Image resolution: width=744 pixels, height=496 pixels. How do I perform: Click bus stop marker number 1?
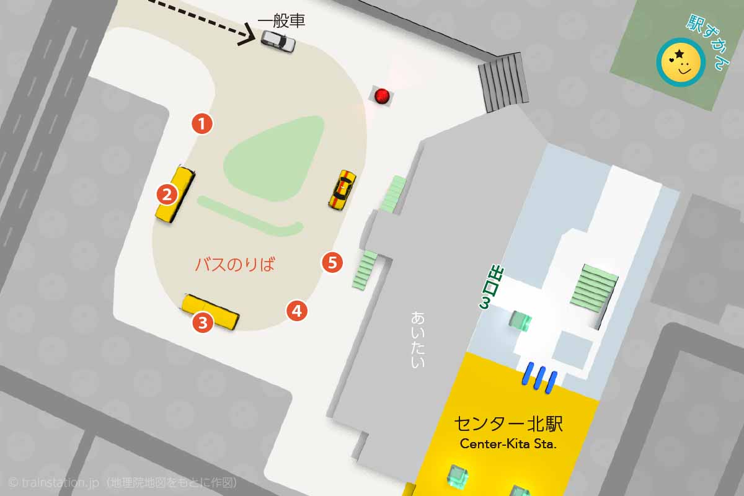pyautogui.click(x=202, y=123)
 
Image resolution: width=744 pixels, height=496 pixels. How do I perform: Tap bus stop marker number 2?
pyautogui.click(x=167, y=195)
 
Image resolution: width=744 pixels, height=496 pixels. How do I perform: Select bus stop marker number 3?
pyautogui.click(x=203, y=322)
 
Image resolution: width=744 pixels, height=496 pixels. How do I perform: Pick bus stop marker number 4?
pyautogui.click(x=297, y=311)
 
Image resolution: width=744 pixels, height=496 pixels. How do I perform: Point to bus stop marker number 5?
pyautogui.click(x=332, y=262)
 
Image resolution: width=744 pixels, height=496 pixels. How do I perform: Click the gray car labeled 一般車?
pyautogui.click(x=278, y=40)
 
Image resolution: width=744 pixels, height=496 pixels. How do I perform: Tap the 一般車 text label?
pyautogui.click(x=281, y=22)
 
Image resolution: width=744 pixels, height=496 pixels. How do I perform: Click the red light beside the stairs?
pyautogui.click(x=382, y=95)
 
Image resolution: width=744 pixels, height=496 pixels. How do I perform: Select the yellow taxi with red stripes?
pyautogui.click(x=342, y=189)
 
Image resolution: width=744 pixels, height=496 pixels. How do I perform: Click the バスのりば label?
pyautogui.click(x=234, y=265)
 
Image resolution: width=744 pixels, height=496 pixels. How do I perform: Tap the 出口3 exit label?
pyautogui.click(x=494, y=286)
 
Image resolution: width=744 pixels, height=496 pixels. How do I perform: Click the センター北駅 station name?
pyautogui.click(x=508, y=425)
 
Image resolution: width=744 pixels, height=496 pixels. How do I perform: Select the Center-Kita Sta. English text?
pyautogui.click(x=508, y=445)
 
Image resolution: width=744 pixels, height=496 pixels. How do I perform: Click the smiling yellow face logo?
pyautogui.click(x=680, y=62)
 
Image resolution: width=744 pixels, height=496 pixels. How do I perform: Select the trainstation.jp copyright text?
pyautogui.click(x=122, y=482)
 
